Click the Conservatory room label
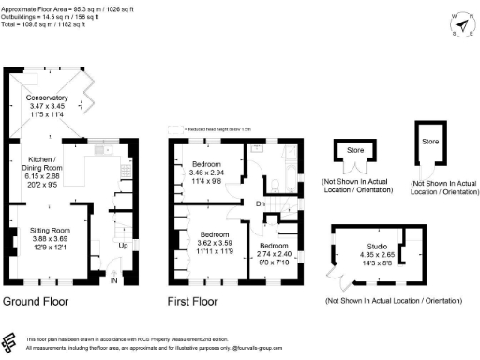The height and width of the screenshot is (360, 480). click(x=48, y=97)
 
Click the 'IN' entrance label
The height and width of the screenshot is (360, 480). click(x=114, y=280)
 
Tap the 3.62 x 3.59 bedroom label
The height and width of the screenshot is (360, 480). click(x=215, y=234)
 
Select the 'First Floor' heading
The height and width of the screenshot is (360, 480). click(x=192, y=302)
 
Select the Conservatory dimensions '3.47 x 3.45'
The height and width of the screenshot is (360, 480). click(x=48, y=108)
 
